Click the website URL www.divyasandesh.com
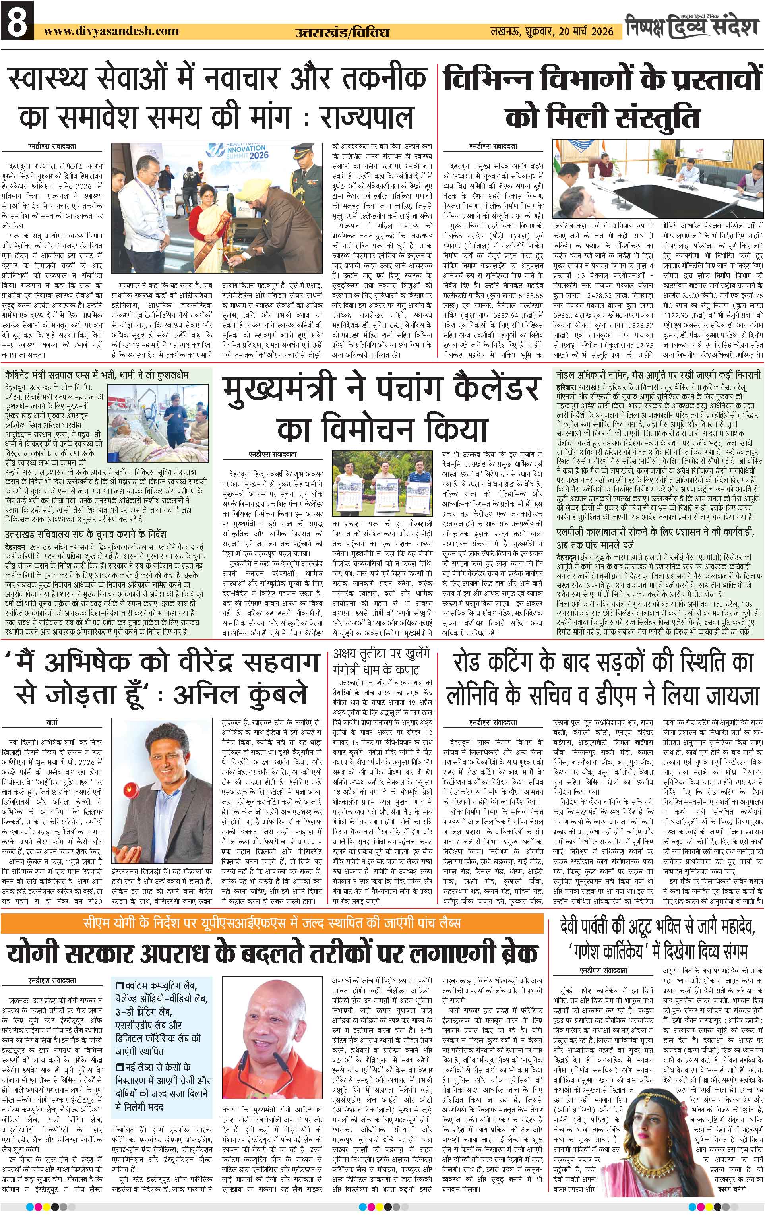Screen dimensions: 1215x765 point(111,31)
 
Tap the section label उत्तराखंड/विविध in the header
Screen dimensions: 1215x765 point(342,32)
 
